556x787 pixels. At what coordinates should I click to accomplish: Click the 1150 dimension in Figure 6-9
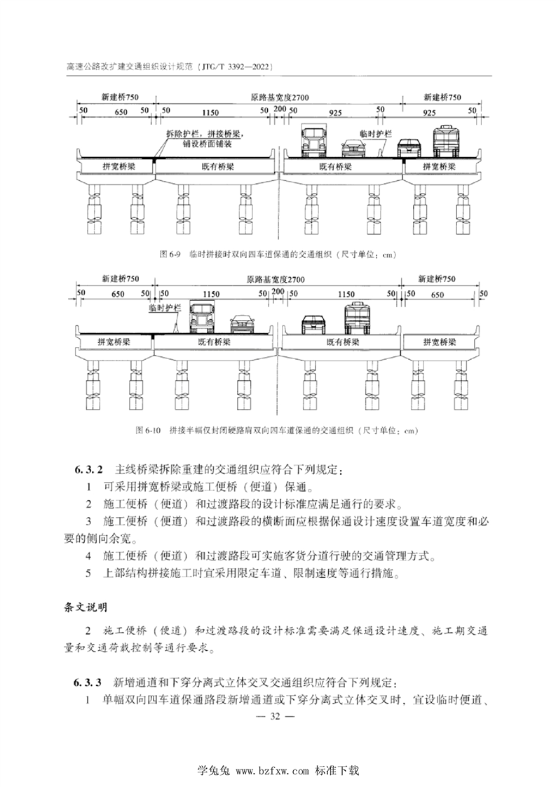pyautogui.click(x=210, y=112)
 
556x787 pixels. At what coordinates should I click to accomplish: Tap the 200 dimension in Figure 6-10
pyautogui.click(x=278, y=291)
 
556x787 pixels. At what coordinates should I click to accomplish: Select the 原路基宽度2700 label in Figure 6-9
pyautogui.click(x=280, y=97)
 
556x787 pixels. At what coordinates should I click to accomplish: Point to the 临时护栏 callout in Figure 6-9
pyautogui.click(x=376, y=134)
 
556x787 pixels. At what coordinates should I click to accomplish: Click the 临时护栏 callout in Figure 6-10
pyautogui.click(x=165, y=308)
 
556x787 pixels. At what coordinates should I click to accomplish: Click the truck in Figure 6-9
pyautogui.click(x=313, y=140)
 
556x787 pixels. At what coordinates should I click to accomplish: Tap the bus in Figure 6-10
pyautogui.click(x=357, y=318)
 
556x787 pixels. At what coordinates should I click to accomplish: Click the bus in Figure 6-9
pyautogui.click(x=447, y=140)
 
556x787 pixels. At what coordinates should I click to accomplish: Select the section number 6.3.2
pyautogui.click(x=88, y=470)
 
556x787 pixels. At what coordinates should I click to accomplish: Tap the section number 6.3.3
pyautogui.click(x=88, y=682)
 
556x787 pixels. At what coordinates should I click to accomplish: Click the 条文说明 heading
pyautogui.click(x=86, y=608)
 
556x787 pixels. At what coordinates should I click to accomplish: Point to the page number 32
pyautogui.click(x=275, y=716)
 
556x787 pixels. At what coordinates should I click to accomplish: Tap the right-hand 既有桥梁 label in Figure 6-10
pyautogui.click(x=343, y=342)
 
